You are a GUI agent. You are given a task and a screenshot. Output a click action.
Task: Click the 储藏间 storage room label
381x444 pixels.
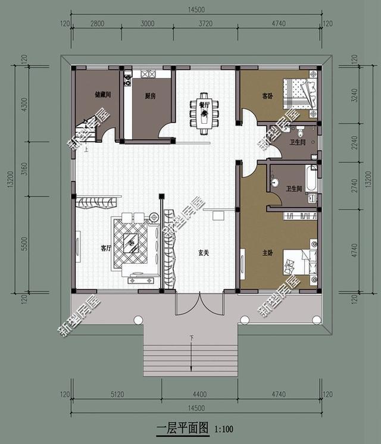point(103,95)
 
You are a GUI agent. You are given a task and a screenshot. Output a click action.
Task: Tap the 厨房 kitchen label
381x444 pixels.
point(150,96)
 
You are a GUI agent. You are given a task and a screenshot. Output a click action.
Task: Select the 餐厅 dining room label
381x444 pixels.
point(205,104)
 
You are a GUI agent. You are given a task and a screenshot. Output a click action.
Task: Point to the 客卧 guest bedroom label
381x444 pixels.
point(267,95)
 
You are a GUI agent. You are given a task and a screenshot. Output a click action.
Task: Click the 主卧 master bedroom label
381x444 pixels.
point(267,253)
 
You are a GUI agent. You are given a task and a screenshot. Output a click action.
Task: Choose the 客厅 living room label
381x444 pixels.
point(106,248)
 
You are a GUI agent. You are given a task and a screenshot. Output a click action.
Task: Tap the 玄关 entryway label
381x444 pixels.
point(204,253)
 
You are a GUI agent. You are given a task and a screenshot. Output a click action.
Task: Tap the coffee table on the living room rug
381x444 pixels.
point(131,241)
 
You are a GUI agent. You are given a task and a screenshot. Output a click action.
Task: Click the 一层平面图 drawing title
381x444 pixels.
point(182,428)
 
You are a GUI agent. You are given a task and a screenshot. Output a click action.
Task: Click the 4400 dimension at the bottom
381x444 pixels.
point(199,393)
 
